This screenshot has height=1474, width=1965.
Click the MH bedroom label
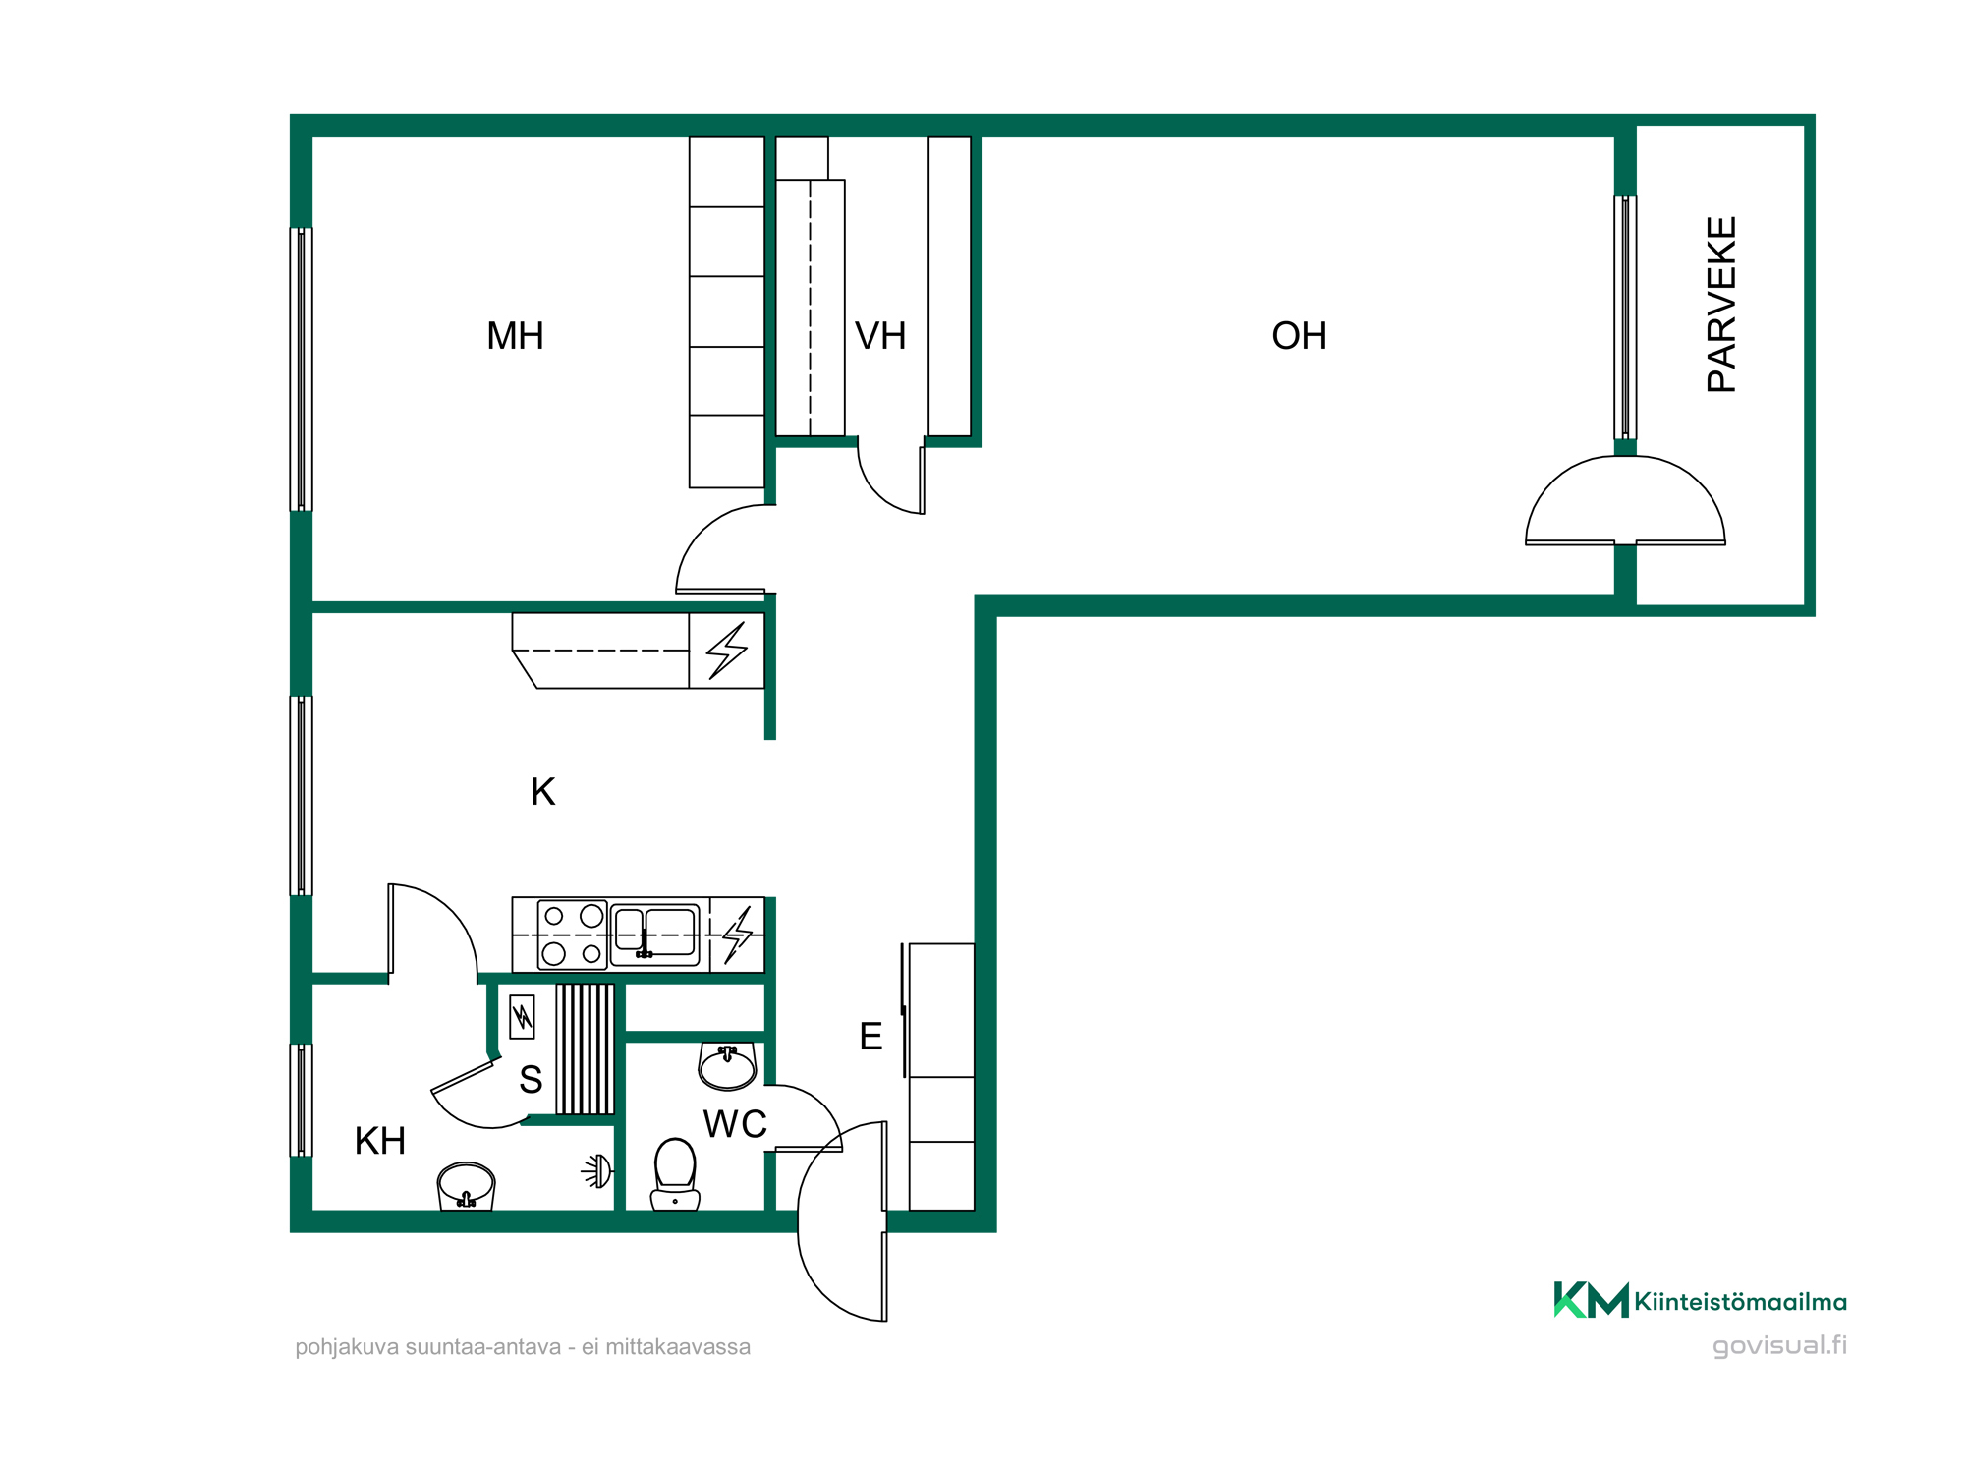point(515,336)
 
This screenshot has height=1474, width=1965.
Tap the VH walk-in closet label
point(880,336)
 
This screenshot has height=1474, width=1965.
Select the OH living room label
point(1299,336)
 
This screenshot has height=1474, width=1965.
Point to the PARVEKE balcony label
point(1721,305)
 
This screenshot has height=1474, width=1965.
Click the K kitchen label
point(542,792)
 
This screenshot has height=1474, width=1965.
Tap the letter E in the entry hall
point(870,1037)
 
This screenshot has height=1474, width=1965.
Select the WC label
point(735,1124)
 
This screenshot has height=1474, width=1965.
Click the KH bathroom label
point(380,1141)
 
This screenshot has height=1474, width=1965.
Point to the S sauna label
point(531,1080)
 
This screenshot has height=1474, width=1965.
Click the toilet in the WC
point(675,1174)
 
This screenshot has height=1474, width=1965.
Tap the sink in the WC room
point(727,1066)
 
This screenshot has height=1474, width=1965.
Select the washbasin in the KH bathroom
point(466,1186)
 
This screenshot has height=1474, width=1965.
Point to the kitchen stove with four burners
point(572,935)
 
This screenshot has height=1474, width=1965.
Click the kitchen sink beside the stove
point(655,935)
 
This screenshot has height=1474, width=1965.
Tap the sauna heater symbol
point(522,1017)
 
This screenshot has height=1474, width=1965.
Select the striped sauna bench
point(586,1049)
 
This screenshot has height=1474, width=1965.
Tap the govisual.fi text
point(1779,1346)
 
